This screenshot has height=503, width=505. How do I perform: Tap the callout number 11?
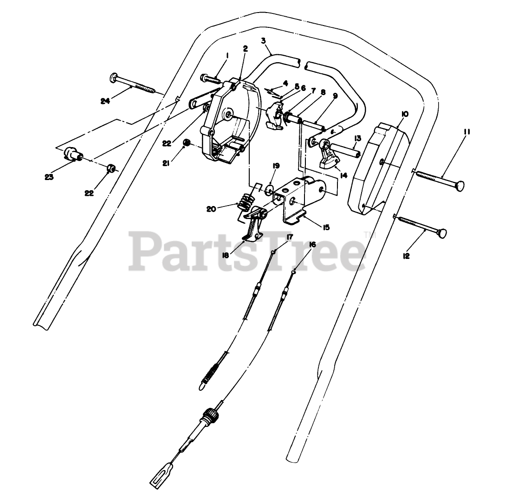click(x=466, y=132)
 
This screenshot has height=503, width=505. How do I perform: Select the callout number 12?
click(x=407, y=256)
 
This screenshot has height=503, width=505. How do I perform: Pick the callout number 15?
click(x=326, y=227)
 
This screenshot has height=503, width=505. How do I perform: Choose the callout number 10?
click(x=405, y=114)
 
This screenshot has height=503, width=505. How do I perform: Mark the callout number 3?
click(x=264, y=41)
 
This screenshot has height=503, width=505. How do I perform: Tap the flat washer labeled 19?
click(x=269, y=189)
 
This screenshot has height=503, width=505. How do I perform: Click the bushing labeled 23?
click(x=72, y=153)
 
